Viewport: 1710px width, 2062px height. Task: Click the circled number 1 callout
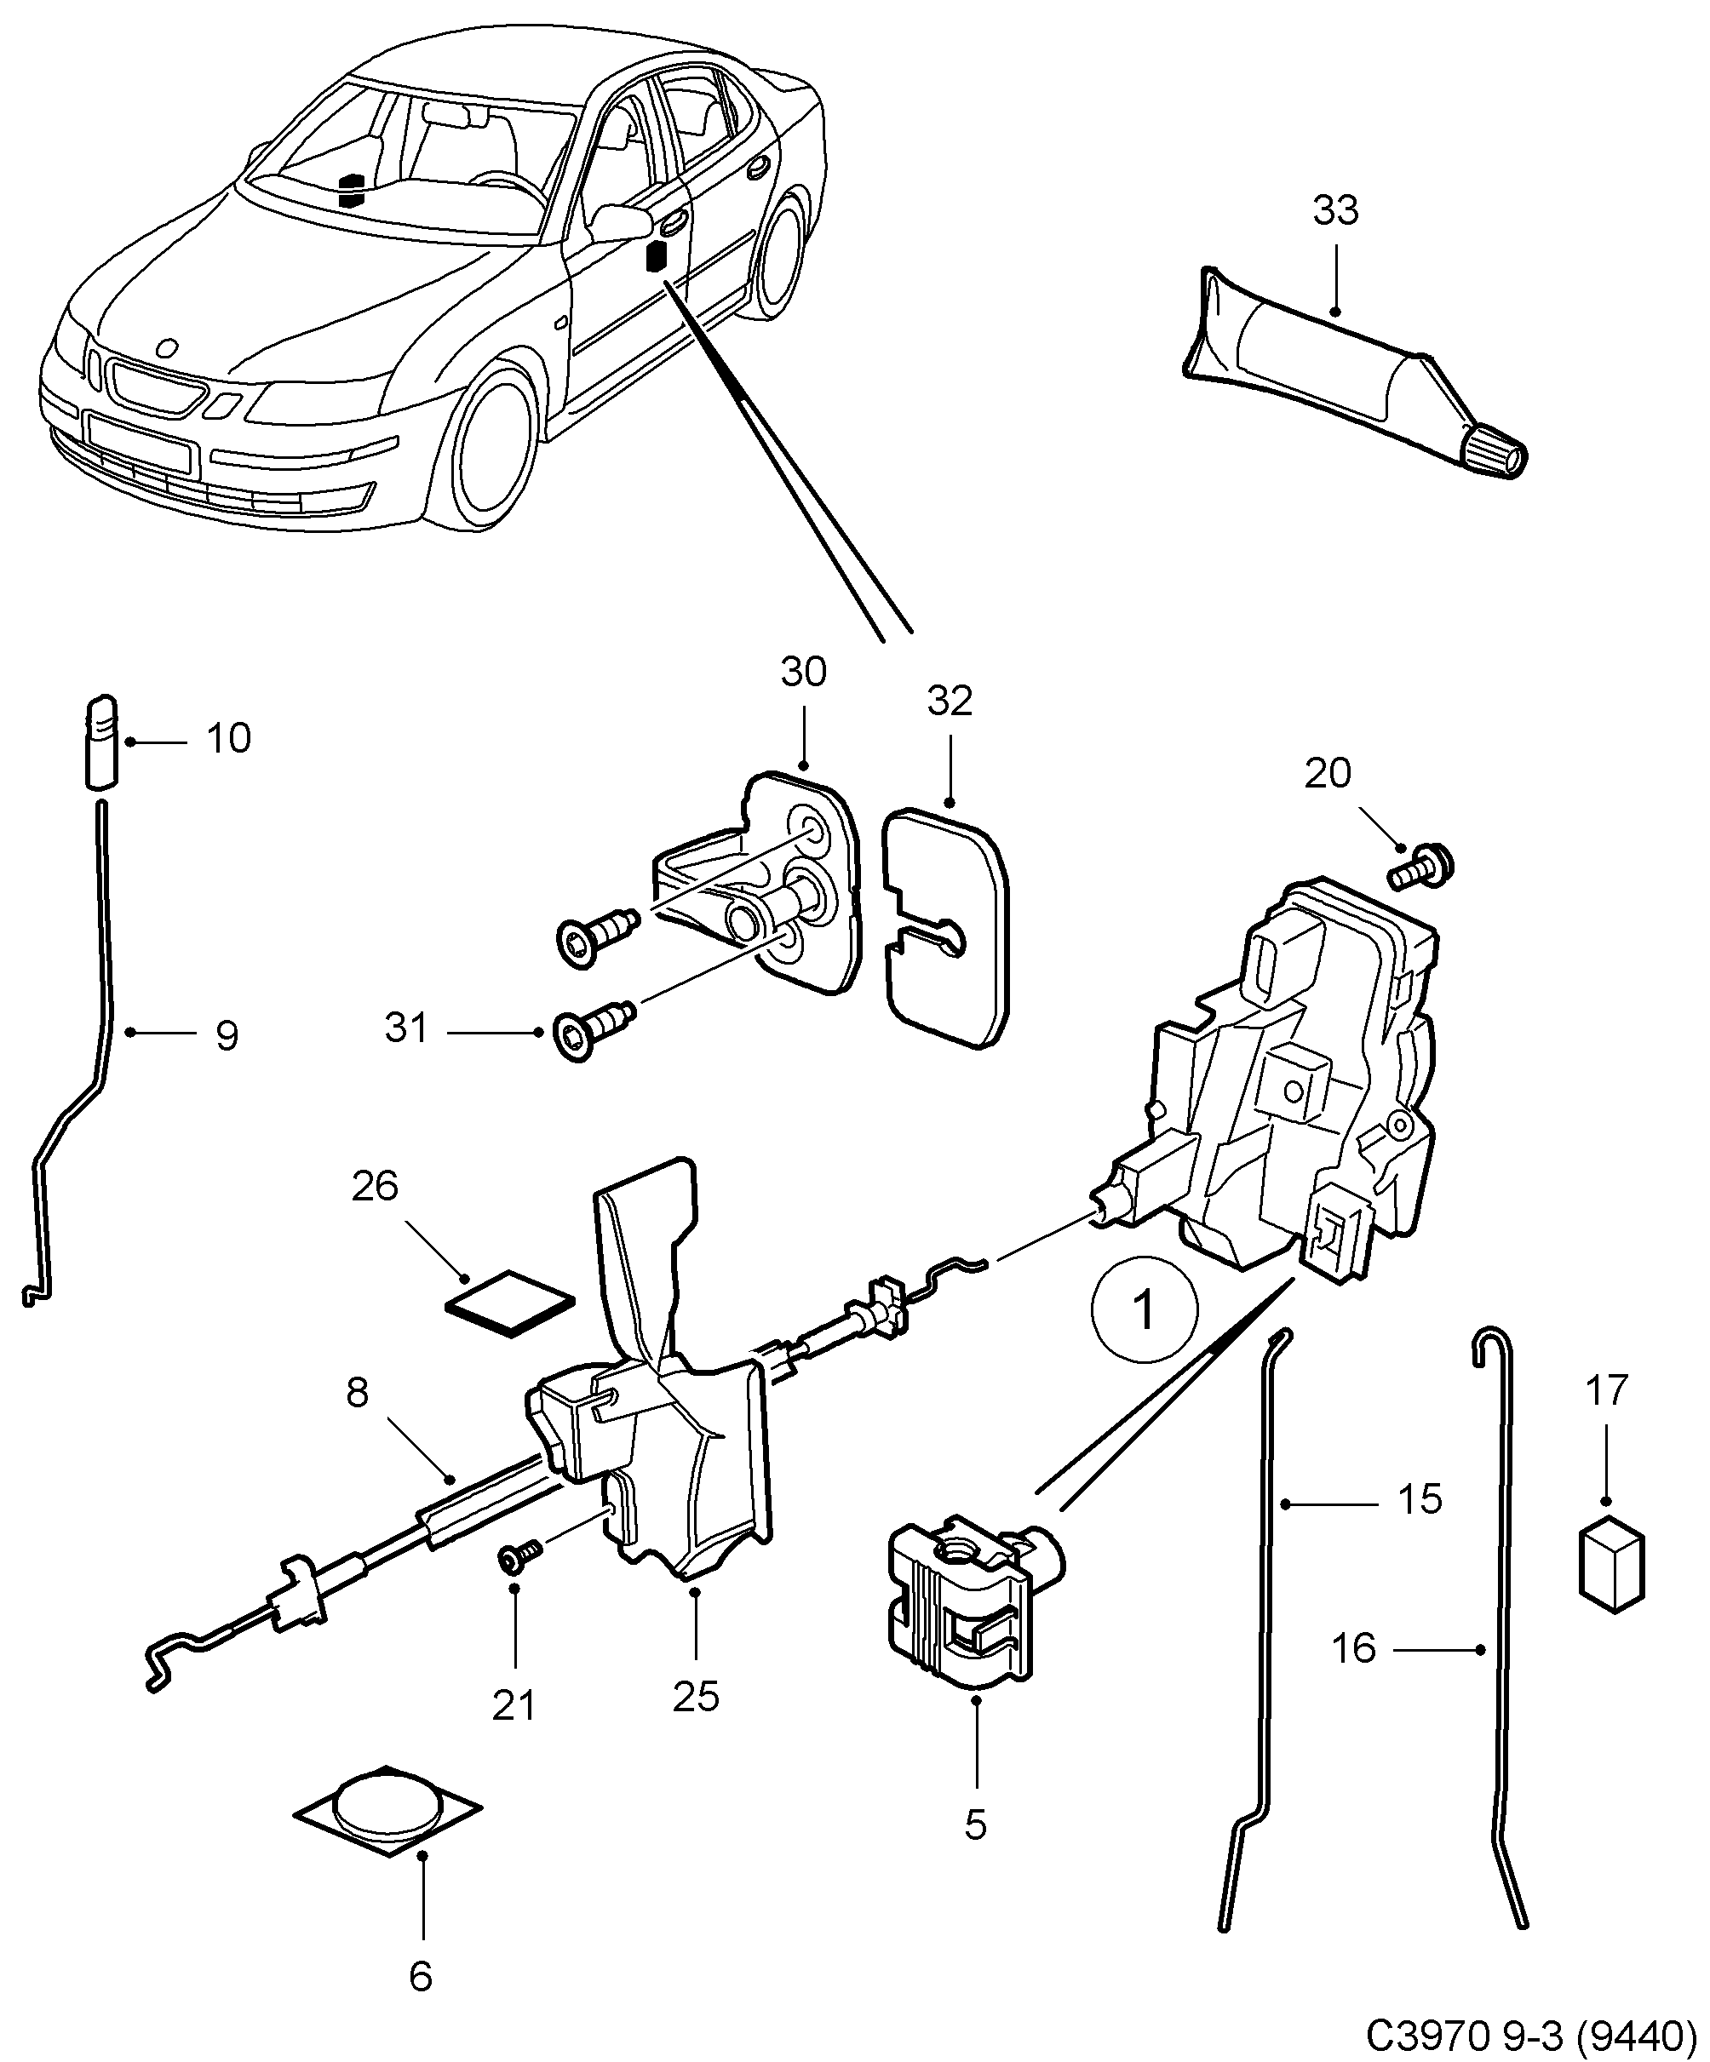coord(1145,1310)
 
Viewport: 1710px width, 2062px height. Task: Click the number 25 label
coord(696,1696)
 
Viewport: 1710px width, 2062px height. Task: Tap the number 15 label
coord(1420,1499)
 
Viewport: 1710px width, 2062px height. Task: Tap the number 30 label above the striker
coord(803,672)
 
